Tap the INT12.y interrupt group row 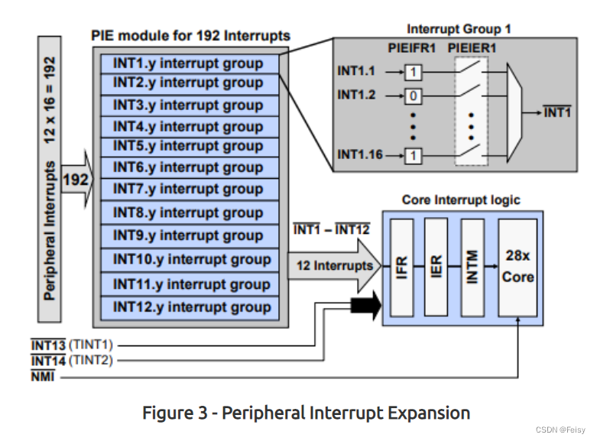coord(192,308)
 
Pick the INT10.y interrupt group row coord(192,259)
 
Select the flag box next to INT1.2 coord(414,97)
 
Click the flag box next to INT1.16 coord(414,155)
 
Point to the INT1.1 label coord(357,71)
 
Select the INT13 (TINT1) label coord(75,344)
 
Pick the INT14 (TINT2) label coord(75,359)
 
